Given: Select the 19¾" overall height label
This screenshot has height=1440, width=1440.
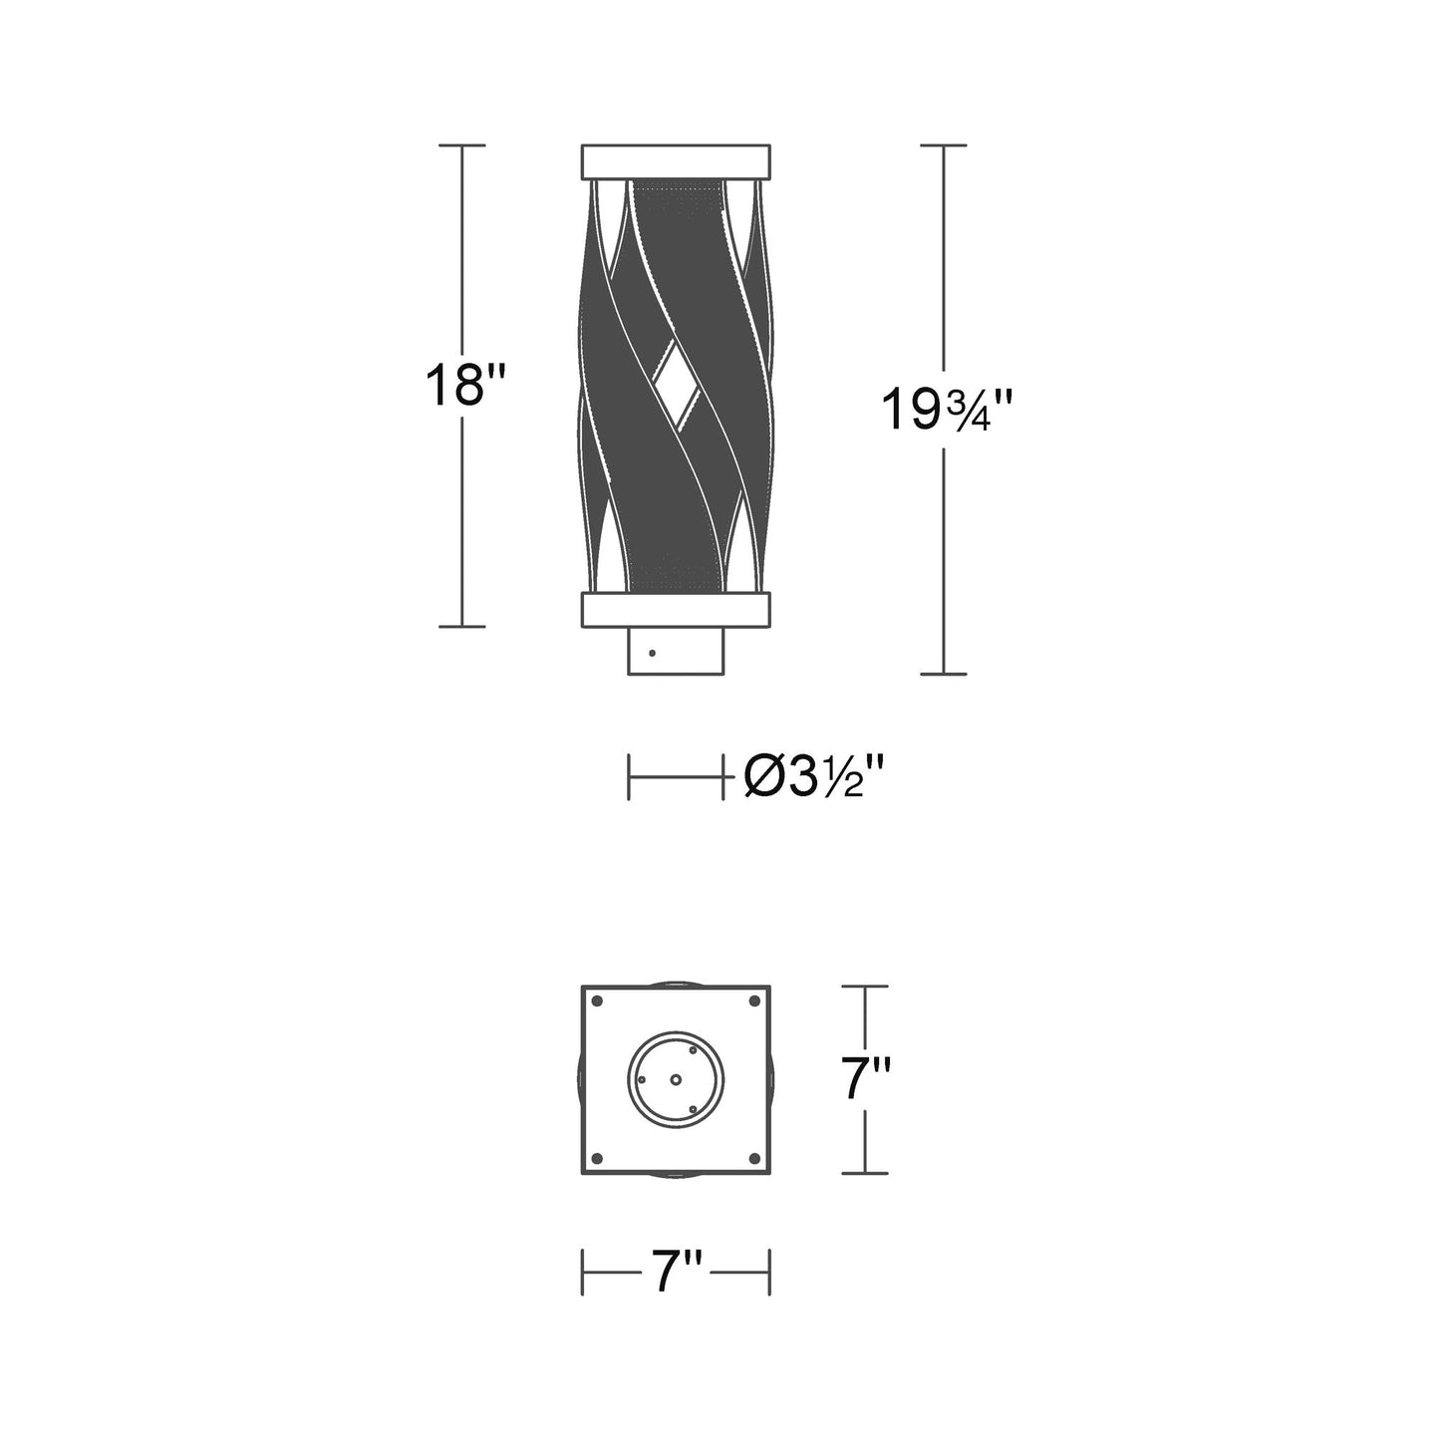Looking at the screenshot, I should tap(948, 409).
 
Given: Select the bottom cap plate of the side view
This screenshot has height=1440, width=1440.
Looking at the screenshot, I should tap(676, 611).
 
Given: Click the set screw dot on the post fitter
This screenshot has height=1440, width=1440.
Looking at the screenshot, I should tap(652, 654).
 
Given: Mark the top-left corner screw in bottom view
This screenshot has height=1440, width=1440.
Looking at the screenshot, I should tap(597, 1001).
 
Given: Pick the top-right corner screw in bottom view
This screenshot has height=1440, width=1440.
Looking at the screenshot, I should tap(754, 1001).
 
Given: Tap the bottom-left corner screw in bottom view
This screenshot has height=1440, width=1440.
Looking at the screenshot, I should tap(597, 1157).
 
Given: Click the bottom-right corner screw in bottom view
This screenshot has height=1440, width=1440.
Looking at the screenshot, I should tap(754, 1157).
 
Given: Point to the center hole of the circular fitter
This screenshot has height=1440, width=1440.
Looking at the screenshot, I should tap(676, 1079).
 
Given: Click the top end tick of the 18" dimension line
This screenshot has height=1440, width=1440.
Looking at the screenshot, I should tap(461, 145).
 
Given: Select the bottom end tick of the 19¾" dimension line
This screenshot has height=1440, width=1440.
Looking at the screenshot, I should tap(943, 675).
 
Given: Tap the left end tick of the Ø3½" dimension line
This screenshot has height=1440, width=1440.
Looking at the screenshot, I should tap(629, 777).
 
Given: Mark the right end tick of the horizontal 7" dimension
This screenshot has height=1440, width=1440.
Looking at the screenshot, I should tap(769, 1275).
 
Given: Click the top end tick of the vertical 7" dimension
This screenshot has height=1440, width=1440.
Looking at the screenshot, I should tap(864, 987).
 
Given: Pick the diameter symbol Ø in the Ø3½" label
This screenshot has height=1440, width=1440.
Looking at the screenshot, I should tap(765, 777).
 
